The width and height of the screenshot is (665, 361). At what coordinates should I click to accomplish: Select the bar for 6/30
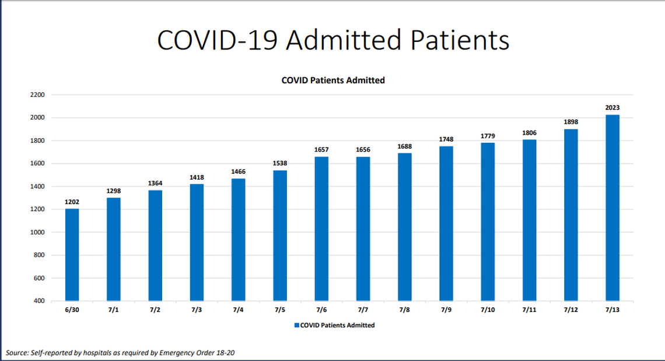[x=72, y=255]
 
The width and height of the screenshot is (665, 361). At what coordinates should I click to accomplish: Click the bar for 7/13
[x=612, y=208]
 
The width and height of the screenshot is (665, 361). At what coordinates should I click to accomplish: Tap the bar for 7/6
[x=321, y=229]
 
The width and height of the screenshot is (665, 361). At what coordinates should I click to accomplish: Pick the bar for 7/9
[x=446, y=223]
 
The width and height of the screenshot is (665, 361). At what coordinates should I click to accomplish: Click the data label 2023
[x=612, y=108]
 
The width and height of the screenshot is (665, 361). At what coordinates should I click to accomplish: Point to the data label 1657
[x=321, y=150]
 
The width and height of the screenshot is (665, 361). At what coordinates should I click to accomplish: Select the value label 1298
[x=114, y=191]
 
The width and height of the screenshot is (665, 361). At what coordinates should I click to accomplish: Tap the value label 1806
[x=529, y=133]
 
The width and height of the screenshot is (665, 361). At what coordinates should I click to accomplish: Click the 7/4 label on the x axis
[x=238, y=310]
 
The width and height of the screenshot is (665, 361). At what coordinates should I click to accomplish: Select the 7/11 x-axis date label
[x=529, y=310]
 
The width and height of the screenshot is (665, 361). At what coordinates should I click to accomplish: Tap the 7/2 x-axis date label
[x=155, y=310]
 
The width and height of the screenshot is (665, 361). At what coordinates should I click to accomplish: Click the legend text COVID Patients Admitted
[x=337, y=325]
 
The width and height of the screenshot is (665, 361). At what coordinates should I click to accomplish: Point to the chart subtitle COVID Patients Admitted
[x=332, y=80]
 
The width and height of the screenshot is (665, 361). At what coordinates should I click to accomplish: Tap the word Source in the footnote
[x=17, y=353]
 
